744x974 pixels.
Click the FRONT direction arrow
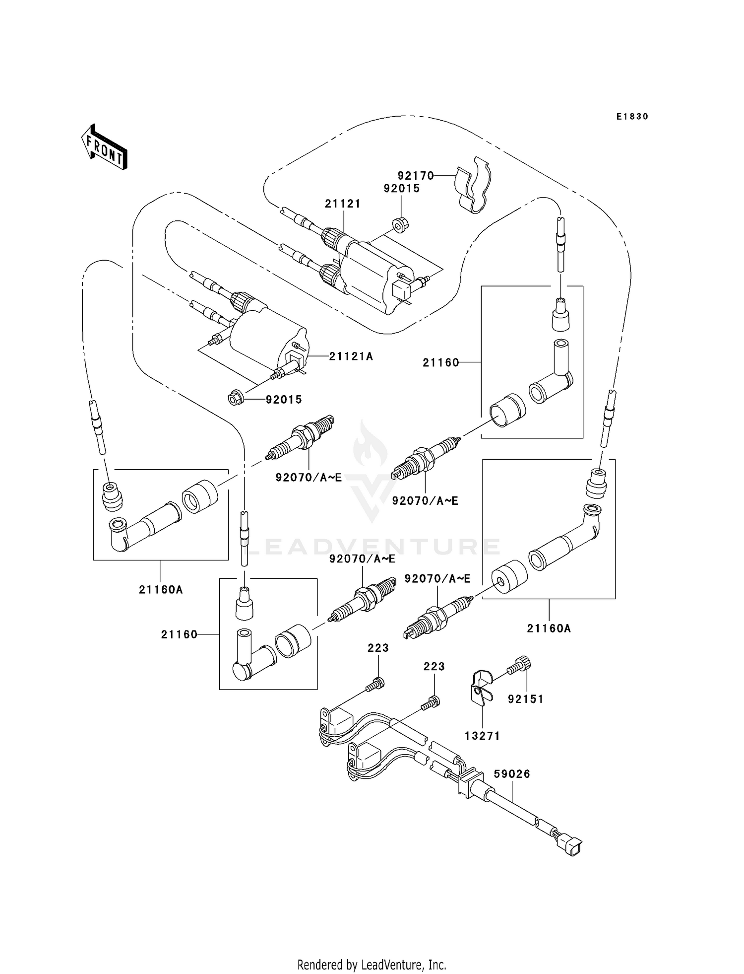click(104, 147)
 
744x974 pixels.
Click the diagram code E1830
click(632, 117)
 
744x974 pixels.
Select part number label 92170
click(415, 176)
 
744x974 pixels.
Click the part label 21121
click(343, 204)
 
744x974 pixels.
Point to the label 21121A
click(351, 356)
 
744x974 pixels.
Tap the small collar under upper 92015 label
click(401, 225)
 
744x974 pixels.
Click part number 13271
click(482, 736)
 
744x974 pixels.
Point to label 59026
click(512, 774)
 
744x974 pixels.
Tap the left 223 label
click(378, 648)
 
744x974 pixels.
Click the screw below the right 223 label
click(431, 703)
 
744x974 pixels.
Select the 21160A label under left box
click(161, 590)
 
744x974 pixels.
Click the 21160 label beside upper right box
click(440, 363)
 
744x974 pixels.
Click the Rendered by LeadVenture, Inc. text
click(372, 965)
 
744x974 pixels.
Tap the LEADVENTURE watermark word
click(372, 547)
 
